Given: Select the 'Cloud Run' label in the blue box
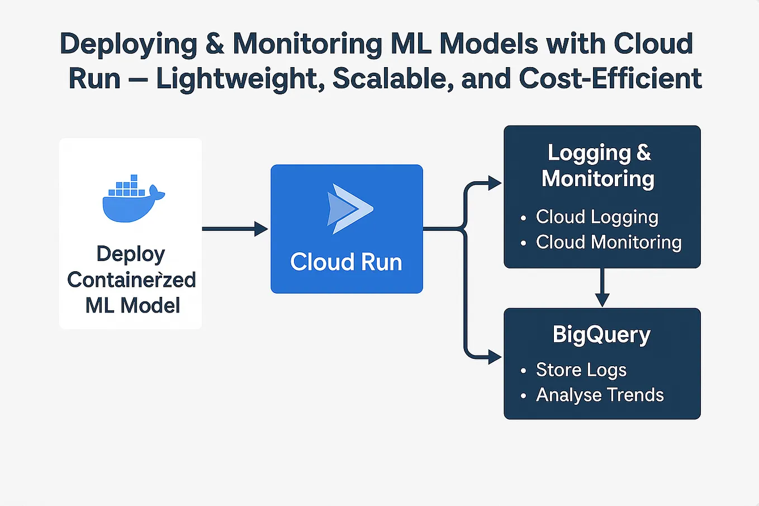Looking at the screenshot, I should pyautogui.click(x=346, y=262).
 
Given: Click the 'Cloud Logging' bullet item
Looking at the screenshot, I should pyautogui.click(x=596, y=217).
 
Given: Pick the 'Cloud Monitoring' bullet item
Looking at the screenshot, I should pyautogui.click(x=608, y=242).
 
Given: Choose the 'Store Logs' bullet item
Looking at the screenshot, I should pyautogui.click(x=581, y=370).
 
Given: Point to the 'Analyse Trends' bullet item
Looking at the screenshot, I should pyautogui.click(x=599, y=395).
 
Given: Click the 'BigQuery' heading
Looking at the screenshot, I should pyautogui.click(x=601, y=334).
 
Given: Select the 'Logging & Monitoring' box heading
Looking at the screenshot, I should pyautogui.click(x=599, y=165).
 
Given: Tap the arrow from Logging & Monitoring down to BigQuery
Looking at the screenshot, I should pyautogui.click(x=602, y=287).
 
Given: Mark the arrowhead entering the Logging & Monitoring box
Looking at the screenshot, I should pyautogui.click(x=494, y=183).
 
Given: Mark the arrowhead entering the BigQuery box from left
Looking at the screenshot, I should pyautogui.click(x=494, y=357).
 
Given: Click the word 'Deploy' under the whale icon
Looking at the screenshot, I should pyautogui.click(x=131, y=254).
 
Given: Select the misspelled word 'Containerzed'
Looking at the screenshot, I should pyautogui.click(x=131, y=280).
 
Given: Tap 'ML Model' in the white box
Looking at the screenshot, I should pyautogui.click(x=132, y=305).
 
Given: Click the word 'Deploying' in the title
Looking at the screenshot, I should pyautogui.click(x=128, y=44).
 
